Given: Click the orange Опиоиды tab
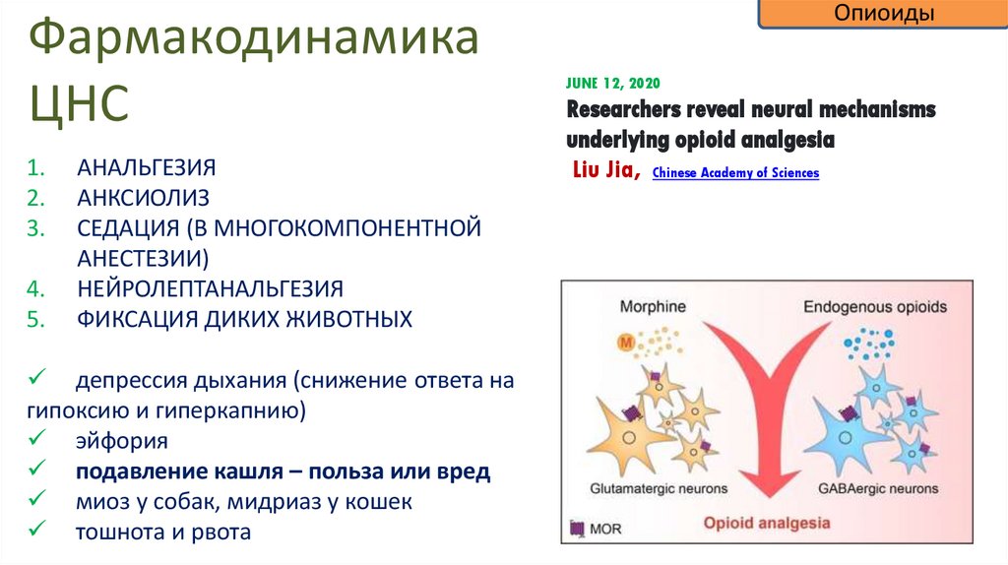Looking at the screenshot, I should coord(884,15).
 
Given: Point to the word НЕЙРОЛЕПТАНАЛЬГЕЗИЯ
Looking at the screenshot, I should coord(211,289).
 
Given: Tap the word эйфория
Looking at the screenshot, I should coord(123,441).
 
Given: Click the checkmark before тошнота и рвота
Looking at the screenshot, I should coord(34,532).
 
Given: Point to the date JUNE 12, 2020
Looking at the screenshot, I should coord(614,83).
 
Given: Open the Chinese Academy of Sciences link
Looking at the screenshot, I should coord(735,173).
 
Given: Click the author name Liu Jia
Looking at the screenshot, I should coord(606,171).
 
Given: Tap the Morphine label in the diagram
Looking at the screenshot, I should coord(653,307).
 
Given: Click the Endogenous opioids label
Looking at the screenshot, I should coord(875,307).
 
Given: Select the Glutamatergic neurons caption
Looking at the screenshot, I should coord(659,488).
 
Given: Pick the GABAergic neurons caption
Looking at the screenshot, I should coord(878,488).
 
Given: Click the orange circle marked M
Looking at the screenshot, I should coord(625,344).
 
